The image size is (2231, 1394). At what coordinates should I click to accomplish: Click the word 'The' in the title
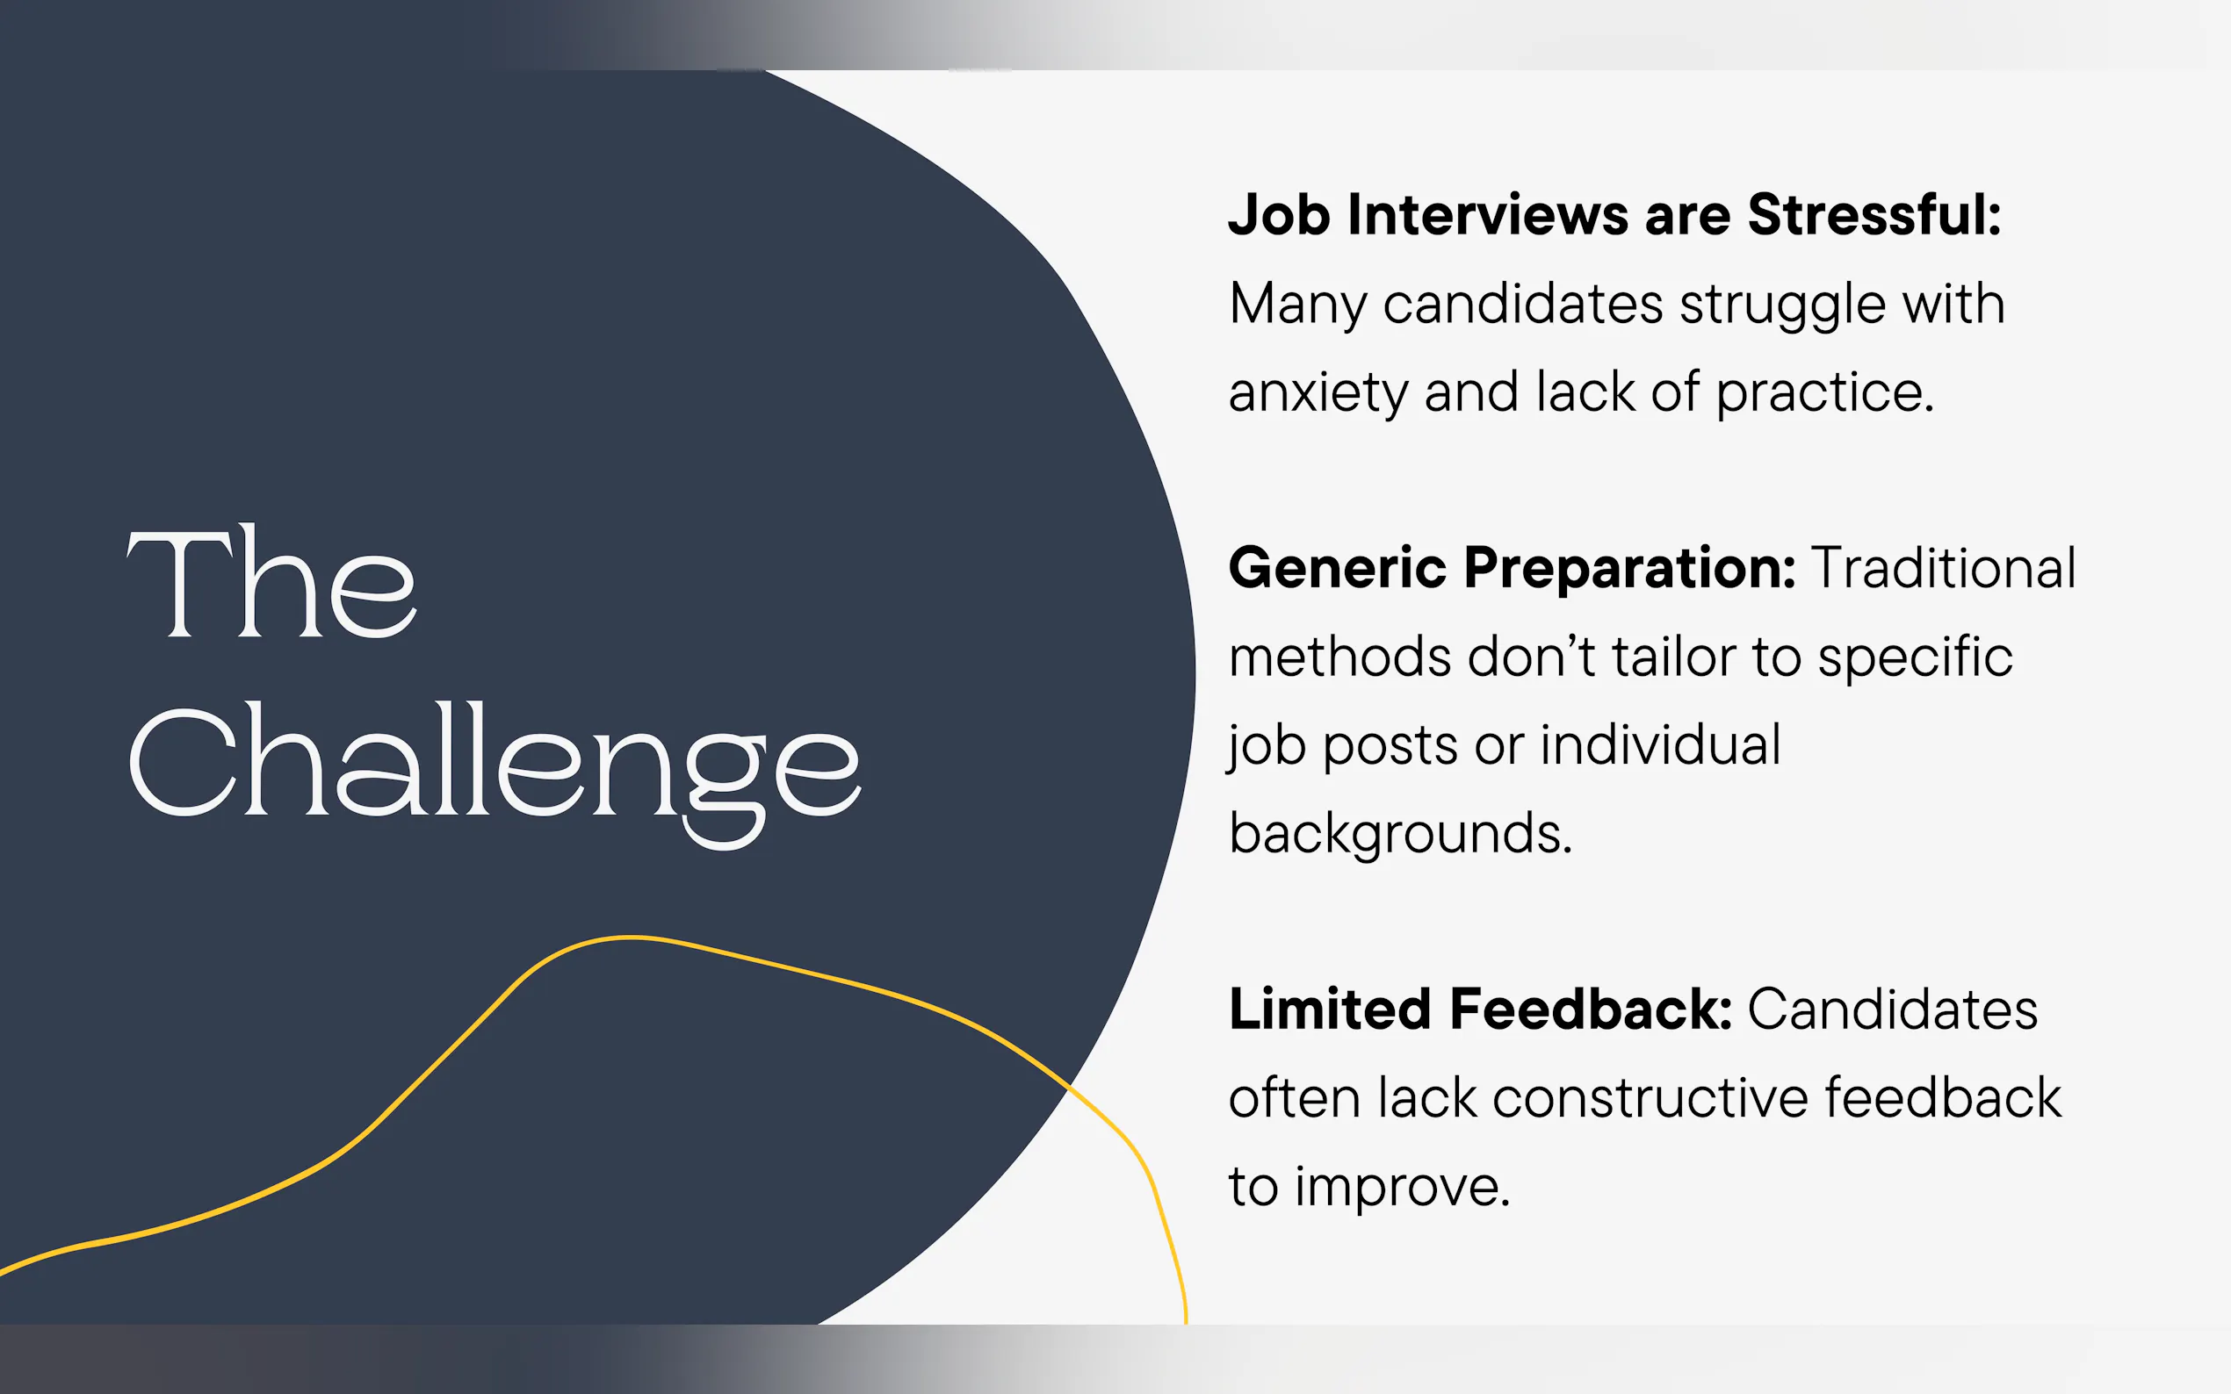[271, 582]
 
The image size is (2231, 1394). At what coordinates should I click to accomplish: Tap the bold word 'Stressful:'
[1874, 215]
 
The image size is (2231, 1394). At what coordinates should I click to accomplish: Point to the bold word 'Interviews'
[1488, 215]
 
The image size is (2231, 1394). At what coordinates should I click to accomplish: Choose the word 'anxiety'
[1318, 393]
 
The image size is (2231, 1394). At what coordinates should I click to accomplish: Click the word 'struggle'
[1783, 306]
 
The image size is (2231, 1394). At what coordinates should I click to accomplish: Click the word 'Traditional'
[1944, 567]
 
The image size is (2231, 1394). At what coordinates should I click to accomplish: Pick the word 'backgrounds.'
[1400, 834]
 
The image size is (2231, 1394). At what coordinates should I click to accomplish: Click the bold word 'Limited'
[1330, 1009]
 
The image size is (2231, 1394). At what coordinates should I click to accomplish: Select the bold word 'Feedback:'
[1591, 1009]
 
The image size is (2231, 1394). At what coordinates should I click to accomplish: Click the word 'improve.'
[1403, 1188]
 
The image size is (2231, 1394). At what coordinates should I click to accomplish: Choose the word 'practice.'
[1824, 393]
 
